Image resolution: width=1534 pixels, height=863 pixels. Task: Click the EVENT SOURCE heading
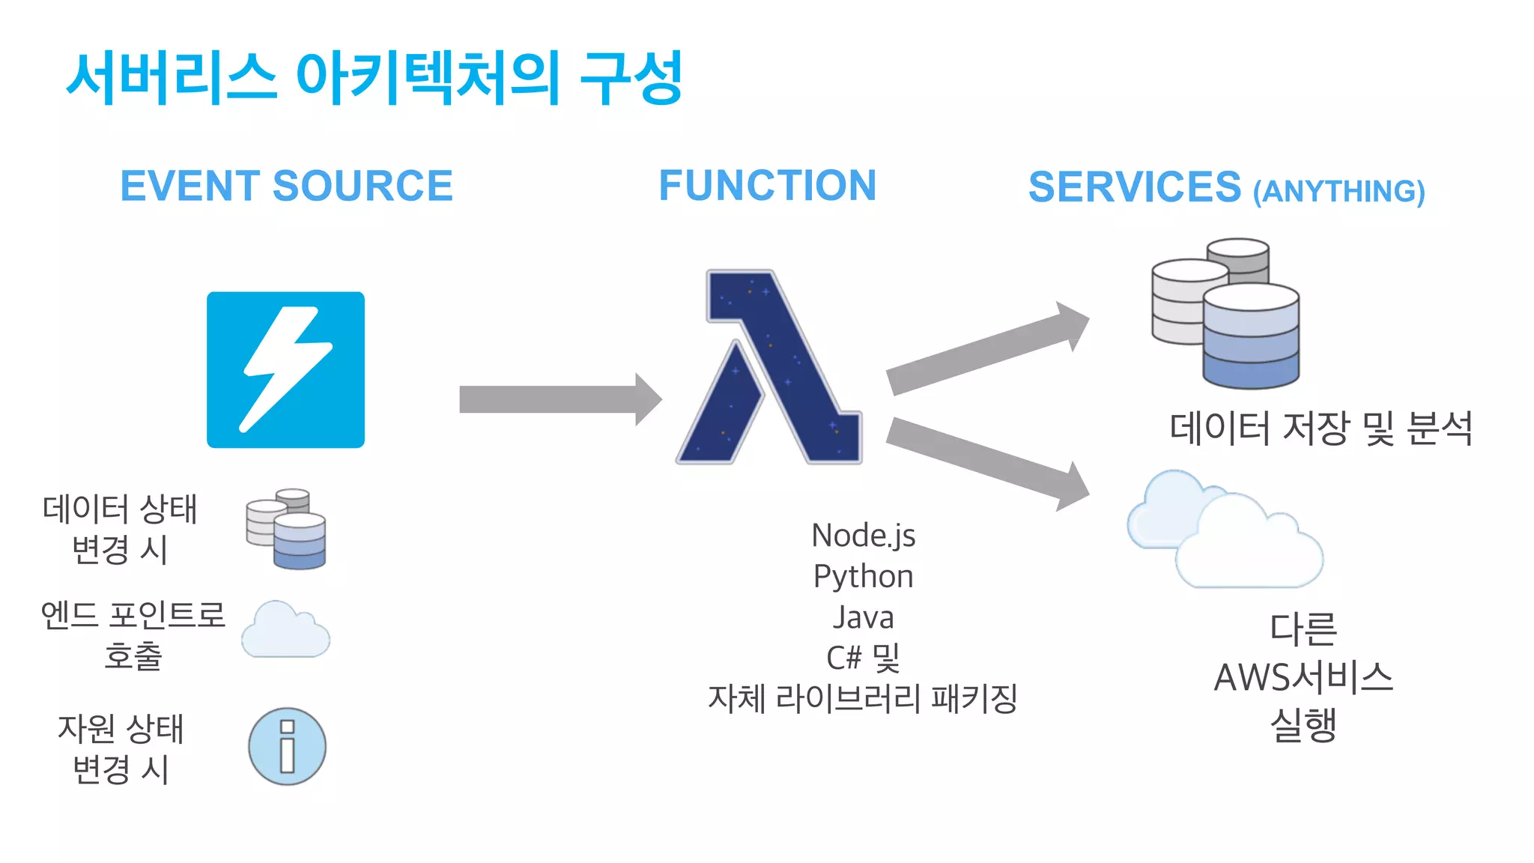point(286,186)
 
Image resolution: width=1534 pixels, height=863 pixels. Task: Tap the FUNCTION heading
point(767,186)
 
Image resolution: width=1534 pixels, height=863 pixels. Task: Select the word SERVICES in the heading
point(1134,187)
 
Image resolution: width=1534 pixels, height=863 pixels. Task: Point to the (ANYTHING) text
point(1339,192)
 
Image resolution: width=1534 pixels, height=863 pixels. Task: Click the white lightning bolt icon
point(285,369)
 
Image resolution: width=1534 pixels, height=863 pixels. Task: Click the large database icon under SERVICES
point(1228,315)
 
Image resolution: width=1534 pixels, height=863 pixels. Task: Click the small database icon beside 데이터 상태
point(286,529)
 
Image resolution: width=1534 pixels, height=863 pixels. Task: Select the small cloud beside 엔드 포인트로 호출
point(285,631)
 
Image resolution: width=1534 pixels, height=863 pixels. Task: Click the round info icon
point(287,747)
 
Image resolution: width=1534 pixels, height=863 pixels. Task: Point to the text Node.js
point(863,536)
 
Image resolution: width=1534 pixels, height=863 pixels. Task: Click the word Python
point(863,577)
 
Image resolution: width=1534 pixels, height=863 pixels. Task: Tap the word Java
point(863,618)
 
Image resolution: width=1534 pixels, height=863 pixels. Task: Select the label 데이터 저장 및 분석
point(1321,429)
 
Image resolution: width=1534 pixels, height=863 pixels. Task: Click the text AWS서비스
point(1303,678)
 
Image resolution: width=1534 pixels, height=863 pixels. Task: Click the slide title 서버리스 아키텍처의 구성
point(375,78)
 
